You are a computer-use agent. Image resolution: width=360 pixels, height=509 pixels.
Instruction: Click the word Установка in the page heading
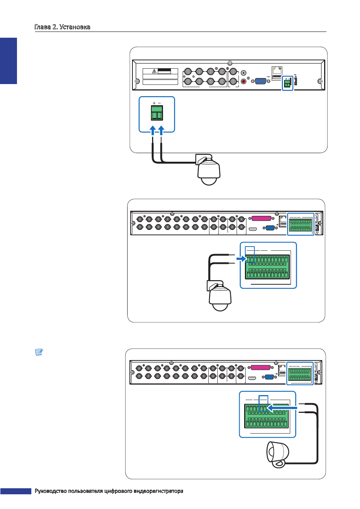[x=75, y=27]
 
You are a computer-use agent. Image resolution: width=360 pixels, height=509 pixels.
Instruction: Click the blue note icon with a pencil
[x=39, y=352]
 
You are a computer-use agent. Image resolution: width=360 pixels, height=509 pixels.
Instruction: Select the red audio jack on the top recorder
[x=243, y=81]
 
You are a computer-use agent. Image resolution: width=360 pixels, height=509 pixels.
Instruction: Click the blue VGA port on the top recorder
[x=260, y=81]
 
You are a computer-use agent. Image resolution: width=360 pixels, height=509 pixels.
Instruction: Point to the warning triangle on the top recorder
[x=154, y=71]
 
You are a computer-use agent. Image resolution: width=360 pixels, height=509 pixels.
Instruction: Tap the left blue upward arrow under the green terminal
[x=153, y=131]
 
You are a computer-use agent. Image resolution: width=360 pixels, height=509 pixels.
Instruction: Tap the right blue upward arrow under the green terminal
[x=161, y=131]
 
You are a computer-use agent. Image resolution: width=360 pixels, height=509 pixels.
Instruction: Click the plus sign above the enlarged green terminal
[x=154, y=103]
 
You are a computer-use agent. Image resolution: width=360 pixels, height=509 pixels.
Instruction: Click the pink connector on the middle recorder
[x=261, y=218]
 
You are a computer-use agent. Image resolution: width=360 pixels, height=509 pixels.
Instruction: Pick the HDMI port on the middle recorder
[x=253, y=228]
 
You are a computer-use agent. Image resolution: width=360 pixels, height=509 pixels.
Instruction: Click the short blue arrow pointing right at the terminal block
[x=241, y=259]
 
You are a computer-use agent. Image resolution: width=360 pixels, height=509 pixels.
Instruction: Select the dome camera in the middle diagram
[x=219, y=296]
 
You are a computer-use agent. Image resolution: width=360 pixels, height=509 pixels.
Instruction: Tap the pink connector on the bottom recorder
[x=261, y=368]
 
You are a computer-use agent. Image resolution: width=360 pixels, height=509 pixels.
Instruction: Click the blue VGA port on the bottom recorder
[x=269, y=377]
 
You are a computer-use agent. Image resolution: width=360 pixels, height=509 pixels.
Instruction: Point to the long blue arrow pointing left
[x=282, y=408]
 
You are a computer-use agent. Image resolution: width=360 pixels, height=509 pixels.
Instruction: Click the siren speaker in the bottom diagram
[x=278, y=454]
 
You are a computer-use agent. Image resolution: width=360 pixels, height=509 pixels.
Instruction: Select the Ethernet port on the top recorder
[x=277, y=70]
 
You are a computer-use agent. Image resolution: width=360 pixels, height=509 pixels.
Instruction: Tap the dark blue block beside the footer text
[x=16, y=491]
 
